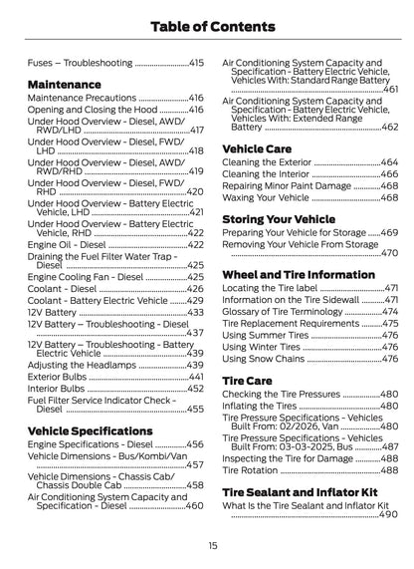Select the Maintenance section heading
(66, 85)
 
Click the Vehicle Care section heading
(256, 146)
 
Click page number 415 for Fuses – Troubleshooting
(196, 62)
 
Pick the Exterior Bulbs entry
(58, 378)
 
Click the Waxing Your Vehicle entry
(267, 197)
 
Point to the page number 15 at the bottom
(212, 545)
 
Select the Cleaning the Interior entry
(266, 173)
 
